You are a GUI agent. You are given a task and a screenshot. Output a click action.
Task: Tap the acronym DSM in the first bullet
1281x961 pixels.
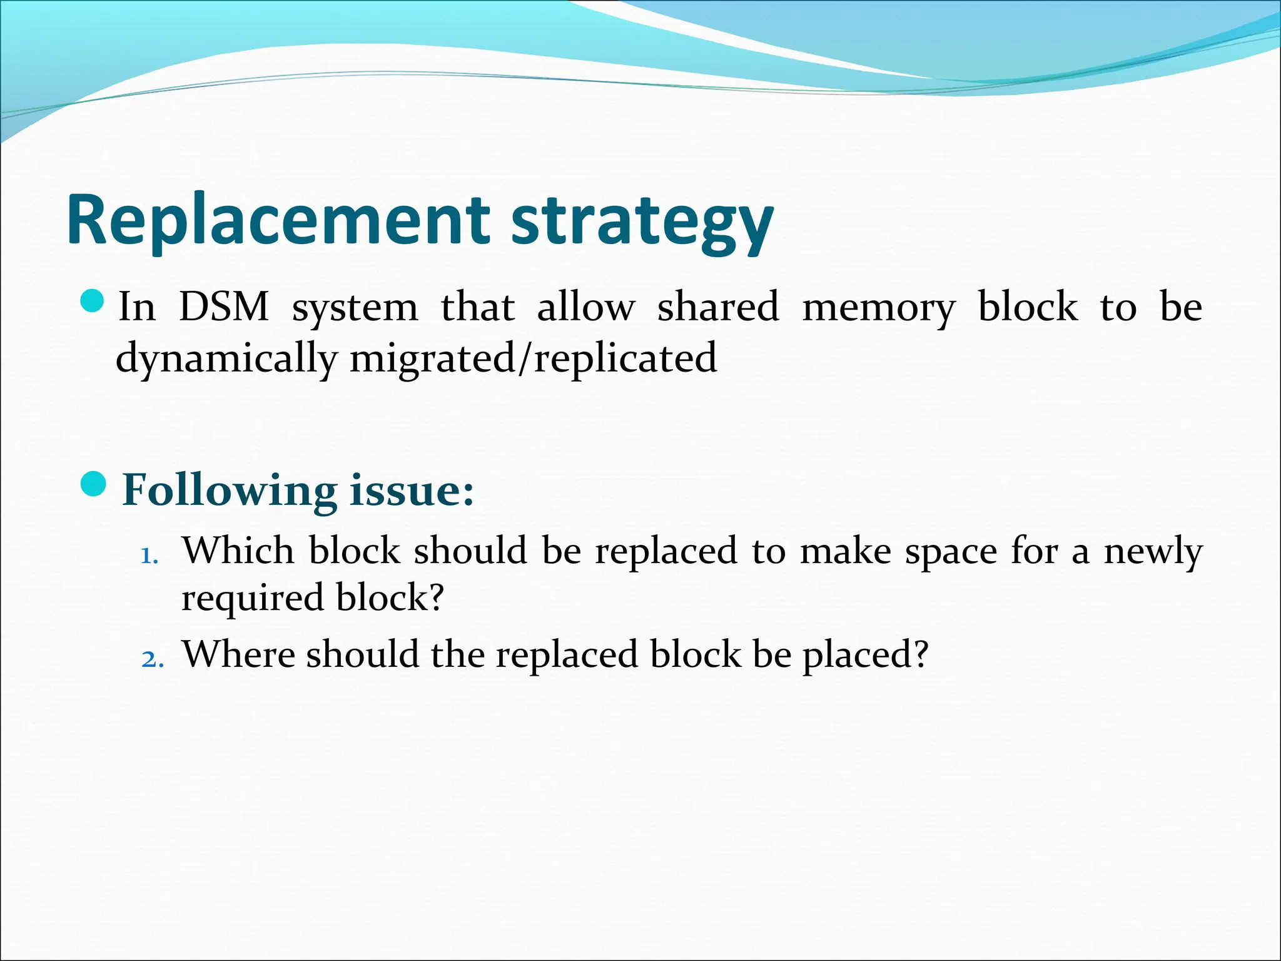coord(224,307)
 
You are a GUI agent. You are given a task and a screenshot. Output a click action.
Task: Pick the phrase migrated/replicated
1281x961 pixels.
coord(533,359)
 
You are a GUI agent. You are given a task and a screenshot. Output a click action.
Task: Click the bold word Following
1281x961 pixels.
coord(230,491)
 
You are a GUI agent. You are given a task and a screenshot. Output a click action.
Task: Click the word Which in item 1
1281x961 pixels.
coord(238,551)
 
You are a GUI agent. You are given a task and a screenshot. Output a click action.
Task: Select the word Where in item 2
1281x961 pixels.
coord(238,654)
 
